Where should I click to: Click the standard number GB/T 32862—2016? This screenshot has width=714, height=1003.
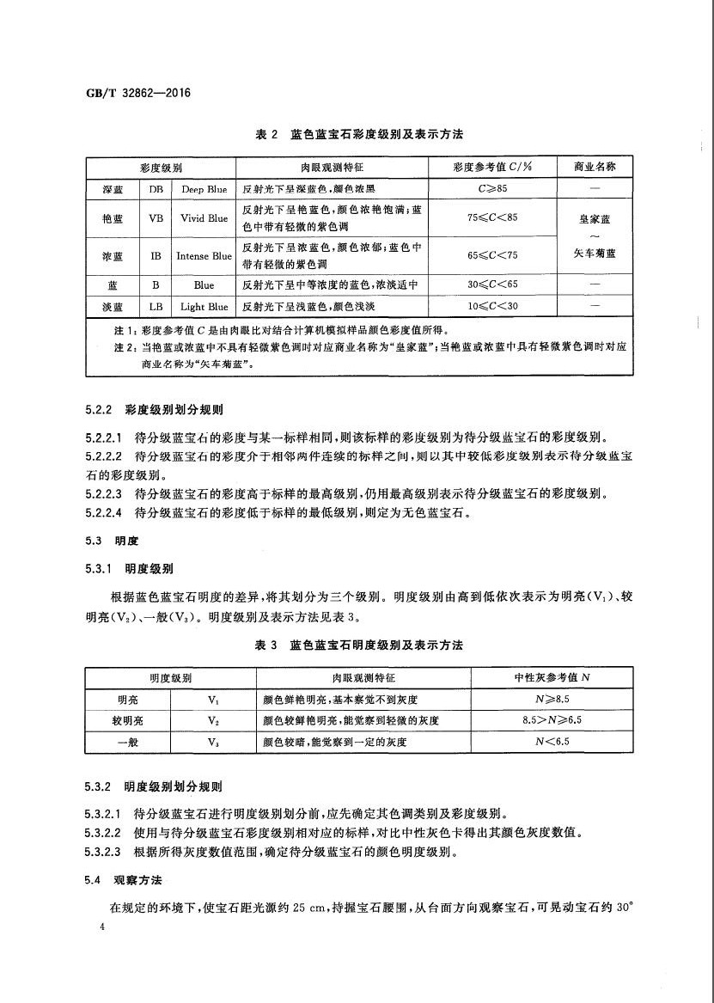tap(125, 93)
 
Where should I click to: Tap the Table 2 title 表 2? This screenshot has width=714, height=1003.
tap(268, 136)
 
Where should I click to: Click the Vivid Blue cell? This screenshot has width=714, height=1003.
tap(204, 218)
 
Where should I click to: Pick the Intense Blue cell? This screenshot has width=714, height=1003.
tap(204, 256)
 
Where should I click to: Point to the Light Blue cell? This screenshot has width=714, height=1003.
tap(204, 306)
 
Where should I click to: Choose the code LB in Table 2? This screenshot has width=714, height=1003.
tap(156, 306)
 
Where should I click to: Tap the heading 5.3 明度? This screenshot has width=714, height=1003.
tap(112, 541)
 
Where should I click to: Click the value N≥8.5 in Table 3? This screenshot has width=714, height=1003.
tap(552, 700)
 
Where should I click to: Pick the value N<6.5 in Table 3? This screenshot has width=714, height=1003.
tap(552, 741)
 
